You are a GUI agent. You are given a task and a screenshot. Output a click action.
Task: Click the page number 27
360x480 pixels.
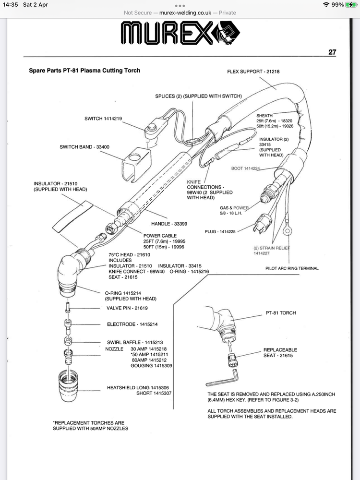[332, 52]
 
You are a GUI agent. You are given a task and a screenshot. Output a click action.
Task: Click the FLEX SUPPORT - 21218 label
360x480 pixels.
[253, 72]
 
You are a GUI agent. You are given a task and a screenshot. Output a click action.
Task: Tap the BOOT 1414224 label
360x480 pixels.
[245, 168]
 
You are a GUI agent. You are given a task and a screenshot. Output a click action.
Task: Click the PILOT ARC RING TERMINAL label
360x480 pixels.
[292, 268]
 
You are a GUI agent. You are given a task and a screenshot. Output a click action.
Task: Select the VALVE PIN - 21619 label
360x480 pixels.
[127, 308]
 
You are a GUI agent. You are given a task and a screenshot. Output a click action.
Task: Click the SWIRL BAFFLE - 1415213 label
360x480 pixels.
[134, 342]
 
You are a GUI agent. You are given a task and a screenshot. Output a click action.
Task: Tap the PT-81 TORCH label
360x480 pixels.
[281, 313]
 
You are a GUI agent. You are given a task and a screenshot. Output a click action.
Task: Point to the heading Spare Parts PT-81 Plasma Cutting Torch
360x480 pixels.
[84, 71]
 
